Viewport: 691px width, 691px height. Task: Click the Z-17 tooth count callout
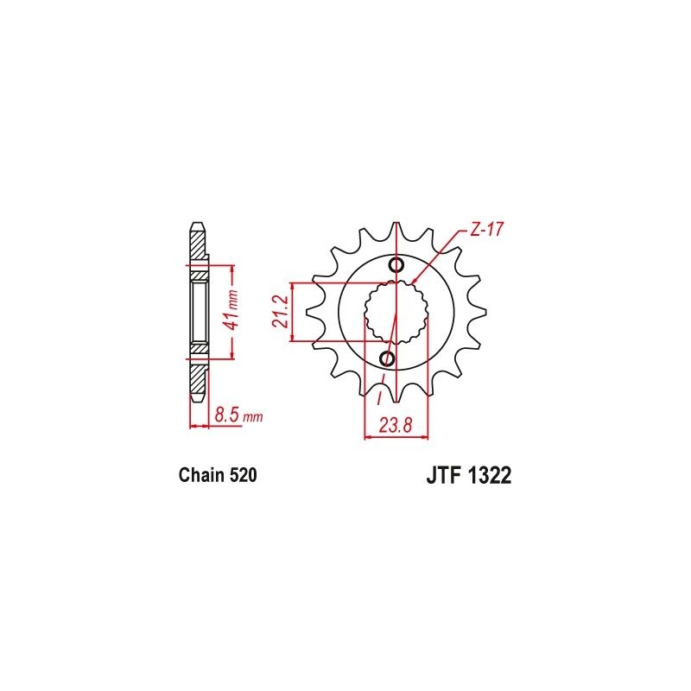(485, 229)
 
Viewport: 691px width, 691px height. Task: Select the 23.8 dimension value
(396, 426)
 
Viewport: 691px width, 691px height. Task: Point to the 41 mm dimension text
(230, 310)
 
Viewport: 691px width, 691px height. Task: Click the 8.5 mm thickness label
(238, 415)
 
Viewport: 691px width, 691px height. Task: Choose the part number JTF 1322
(469, 476)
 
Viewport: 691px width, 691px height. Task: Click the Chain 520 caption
(218, 476)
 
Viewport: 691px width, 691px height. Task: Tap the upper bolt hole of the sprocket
(396, 265)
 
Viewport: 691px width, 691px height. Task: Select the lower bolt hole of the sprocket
(388, 358)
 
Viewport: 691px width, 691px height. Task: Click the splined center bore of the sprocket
(396, 312)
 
